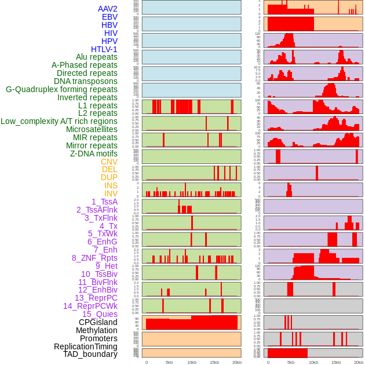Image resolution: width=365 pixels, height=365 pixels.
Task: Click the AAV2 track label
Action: point(108,9)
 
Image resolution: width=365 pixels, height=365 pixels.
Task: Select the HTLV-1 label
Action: point(104,49)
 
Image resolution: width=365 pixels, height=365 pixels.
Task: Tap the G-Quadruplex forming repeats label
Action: point(61,89)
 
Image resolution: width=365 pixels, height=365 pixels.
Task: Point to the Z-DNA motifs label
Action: point(94,154)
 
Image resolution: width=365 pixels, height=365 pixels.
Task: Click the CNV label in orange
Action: point(109,162)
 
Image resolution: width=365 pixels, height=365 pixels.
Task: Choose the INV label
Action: point(111,194)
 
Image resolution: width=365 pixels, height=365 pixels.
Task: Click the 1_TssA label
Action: point(104,202)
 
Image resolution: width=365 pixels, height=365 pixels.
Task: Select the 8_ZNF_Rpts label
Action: point(94,258)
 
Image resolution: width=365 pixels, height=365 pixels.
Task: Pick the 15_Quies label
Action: point(100,314)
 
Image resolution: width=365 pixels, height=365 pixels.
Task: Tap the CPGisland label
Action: point(98,322)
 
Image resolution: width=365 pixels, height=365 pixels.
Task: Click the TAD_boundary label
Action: point(90,354)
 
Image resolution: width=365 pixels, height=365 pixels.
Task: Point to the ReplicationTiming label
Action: point(86,346)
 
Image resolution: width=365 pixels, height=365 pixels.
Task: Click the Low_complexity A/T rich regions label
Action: point(59,121)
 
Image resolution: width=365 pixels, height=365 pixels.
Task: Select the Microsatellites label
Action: point(92,129)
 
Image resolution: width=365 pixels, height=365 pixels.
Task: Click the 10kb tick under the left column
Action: point(192,362)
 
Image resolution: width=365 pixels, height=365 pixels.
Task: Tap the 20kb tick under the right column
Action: point(359,362)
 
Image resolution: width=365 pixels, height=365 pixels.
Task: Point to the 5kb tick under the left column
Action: point(169,362)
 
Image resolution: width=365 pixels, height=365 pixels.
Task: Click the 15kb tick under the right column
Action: point(336,362)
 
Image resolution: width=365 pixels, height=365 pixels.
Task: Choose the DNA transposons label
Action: point(86,81)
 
